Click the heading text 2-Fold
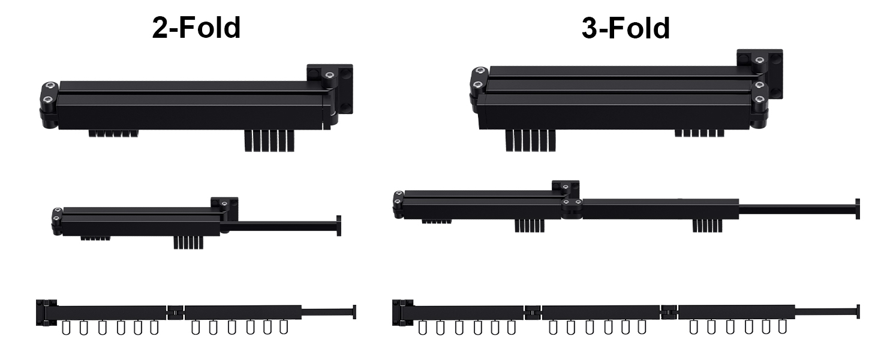point(196,28)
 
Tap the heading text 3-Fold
point(626,28)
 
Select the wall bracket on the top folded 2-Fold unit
point(330,89)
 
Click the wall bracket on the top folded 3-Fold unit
point(760,74)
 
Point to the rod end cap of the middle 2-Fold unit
point(339,226)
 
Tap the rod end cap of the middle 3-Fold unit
point(858,209)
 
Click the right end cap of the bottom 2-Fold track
point(354,312)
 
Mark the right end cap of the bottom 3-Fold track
point(858,311)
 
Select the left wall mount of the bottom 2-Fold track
point(46,313)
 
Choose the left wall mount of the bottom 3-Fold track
point(402,313)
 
